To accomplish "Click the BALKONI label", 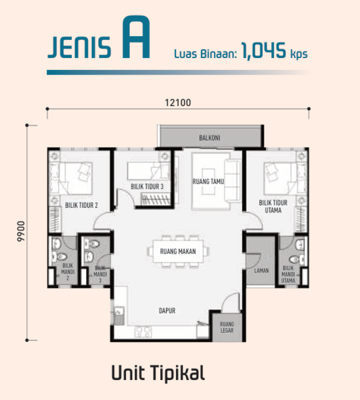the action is pyautogui.click(x=209, y=138).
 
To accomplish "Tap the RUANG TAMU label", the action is pyautogui.click(x=208, y=181).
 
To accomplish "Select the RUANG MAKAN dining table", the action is pyautogui.click(x=178, y=251).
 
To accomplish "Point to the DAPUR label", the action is pyautogui.click(x=167, y=311).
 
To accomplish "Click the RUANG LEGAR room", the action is pyautogui.click(x=227, y=327).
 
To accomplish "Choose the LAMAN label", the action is pyautogui.click(x=261, y=271).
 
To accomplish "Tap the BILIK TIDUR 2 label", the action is pyautogui.click(x=81, y=205).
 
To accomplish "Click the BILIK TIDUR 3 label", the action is pyautogui.click(x=147, y=187).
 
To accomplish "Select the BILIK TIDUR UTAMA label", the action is pyautogui.click(x=273, y=207).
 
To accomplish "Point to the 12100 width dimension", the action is pyautogui.click(x=178, y=103).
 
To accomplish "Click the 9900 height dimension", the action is pyautogui.click(x=21, y=231).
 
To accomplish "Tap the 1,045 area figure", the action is pyautogui.click(x=263, y=51).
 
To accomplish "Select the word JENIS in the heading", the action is pyautogui.click(x=79, y=47).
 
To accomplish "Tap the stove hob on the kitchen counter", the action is pyautogui.click(x=143, y=331).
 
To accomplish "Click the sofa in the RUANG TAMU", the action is pyautogui.click(x=232, y=181).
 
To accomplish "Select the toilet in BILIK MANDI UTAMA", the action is pyautogui.click(x=297, y=260).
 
